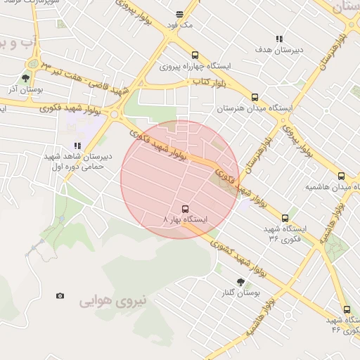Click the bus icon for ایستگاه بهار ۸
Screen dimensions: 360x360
point(185,209)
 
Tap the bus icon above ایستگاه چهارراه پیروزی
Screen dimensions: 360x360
point(195,56)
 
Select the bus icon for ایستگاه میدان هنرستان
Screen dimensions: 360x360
point(255,98)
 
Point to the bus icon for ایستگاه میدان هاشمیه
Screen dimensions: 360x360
point(341,176)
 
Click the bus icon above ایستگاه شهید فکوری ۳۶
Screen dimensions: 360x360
point(285,218)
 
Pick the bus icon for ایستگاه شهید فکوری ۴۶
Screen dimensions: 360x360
point(347,309)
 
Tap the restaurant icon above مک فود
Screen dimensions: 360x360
point(180,13)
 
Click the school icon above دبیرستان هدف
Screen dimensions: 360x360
point(279,39)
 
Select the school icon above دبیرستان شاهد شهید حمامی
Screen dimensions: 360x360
point(77,146)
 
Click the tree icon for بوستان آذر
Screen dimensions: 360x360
point(26,79)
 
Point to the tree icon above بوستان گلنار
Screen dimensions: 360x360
point(240,281)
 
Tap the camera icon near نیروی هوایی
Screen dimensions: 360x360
point(60,295)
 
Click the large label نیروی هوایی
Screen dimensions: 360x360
point(113,301)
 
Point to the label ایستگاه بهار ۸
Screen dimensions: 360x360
point(186,220)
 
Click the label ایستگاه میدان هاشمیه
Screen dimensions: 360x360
point(327,188)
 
